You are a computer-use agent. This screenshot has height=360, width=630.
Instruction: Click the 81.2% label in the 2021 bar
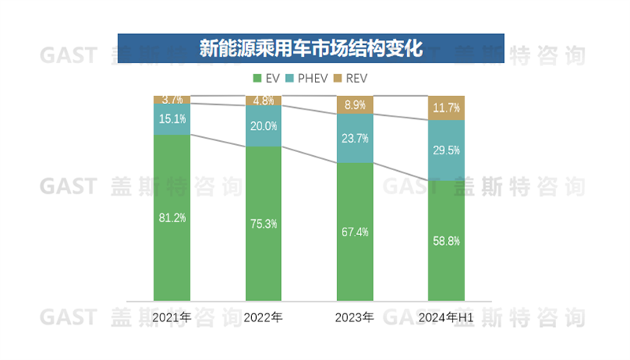(172, 218)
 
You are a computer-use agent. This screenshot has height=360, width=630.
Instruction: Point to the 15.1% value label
(172, 120)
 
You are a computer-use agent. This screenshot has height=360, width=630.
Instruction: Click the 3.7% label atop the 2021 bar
(172, 100)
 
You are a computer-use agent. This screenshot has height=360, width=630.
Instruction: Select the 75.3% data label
(264, 224)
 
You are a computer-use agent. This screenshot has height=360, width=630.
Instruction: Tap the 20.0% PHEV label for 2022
(264, 126)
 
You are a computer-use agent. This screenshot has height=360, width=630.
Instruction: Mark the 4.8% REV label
(264, 101)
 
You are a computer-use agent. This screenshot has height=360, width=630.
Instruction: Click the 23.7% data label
(354, 139)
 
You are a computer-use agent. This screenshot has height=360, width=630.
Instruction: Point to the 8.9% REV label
(354, 105)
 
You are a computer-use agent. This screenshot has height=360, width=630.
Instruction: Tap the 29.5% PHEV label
(446, 150)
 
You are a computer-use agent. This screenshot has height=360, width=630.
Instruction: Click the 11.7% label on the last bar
(446, 108)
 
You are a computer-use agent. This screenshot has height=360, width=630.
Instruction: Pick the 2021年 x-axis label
(172, 317)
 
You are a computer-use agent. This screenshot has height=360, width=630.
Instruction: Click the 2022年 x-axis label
(263, 317)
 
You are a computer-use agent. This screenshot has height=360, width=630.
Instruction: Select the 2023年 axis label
(354, 317)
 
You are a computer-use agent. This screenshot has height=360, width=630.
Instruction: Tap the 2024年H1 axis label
(446, 317)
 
